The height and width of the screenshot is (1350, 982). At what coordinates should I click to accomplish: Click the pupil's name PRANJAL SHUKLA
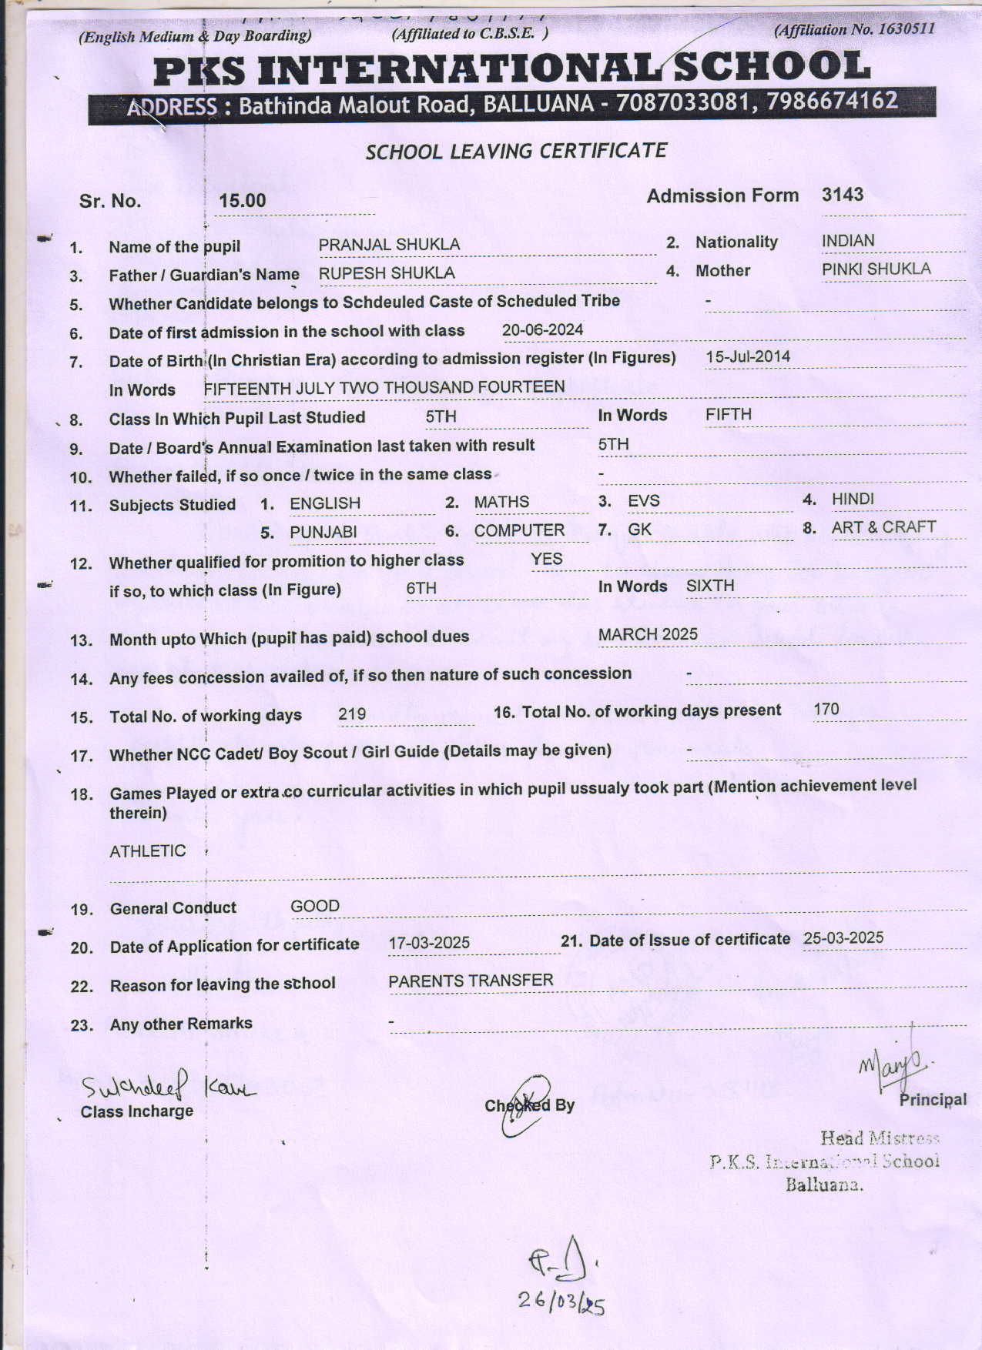(x=389, y=245)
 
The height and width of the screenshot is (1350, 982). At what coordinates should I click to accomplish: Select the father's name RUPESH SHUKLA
(x=387, y=273)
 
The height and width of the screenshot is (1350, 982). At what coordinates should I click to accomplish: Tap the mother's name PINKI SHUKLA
(x=876, y=269)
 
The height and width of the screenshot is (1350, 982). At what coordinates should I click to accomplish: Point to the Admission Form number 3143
(x=842, y=195)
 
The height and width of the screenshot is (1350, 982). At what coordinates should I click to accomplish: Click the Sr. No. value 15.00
(x=242, y=201)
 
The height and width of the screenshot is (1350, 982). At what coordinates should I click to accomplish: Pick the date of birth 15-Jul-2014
(x=748, y=357)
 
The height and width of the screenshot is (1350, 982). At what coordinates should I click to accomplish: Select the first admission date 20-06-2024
(x=542, y=330)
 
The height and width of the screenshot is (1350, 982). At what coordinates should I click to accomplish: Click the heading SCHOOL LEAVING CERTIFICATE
(x=516, y=151)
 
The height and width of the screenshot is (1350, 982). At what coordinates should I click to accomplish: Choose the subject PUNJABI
(x=323, y=532)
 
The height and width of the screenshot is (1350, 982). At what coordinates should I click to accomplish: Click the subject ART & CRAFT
(x=883, y=527)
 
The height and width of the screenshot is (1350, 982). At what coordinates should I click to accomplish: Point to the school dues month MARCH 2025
(x=648, y=634)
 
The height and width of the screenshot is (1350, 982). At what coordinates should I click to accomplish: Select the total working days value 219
(x=352, y=714)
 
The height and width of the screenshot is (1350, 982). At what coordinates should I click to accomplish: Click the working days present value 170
(x=826, y=709)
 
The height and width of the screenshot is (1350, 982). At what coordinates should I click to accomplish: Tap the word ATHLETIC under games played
(x=147, y=850)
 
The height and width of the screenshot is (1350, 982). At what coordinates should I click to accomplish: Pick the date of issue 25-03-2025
(x=843, y=937)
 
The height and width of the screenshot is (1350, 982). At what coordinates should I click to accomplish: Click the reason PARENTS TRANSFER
(x=471, y=981)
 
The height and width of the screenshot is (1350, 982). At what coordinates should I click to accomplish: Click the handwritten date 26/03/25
(x=561, y=1301)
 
